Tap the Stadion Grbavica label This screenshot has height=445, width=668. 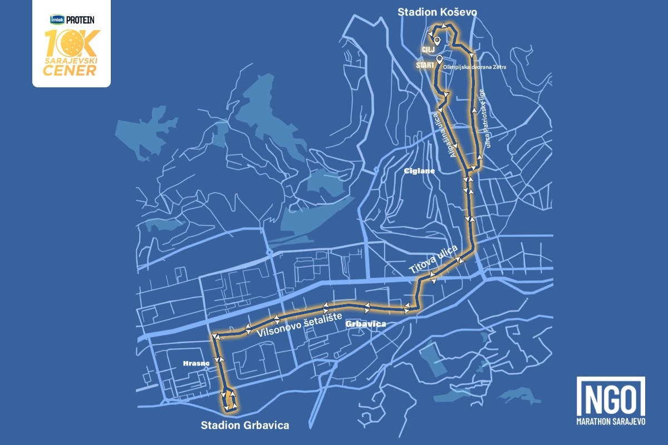(x=245, y=426)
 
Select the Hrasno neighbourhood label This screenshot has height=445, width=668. (x=196, y=363)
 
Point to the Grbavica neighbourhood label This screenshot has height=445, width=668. (x=365, y=323)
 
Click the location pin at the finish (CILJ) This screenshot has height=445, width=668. (x=438, y=41)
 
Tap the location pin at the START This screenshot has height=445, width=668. (x=440, y=59)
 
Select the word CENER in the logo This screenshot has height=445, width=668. (x=71, y=70)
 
